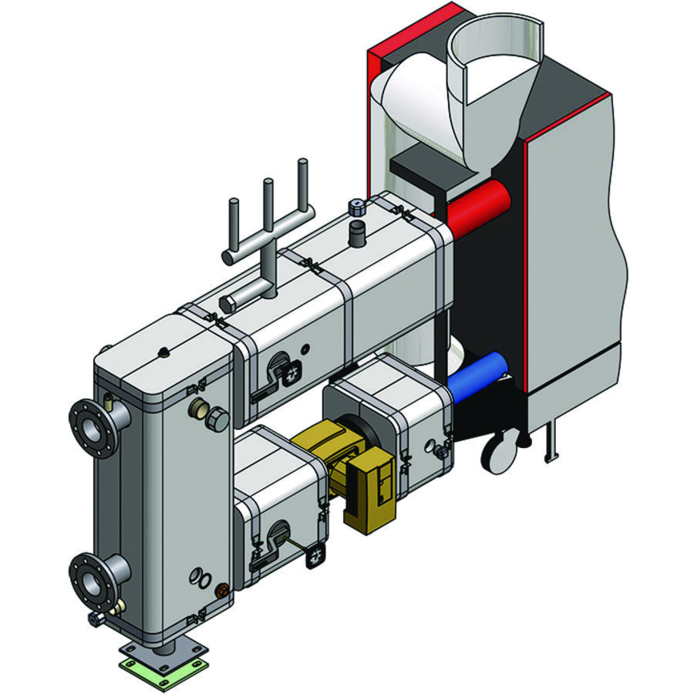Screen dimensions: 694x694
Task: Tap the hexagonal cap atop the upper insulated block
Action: point(356,207)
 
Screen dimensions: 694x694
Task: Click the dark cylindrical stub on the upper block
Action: point(356,234)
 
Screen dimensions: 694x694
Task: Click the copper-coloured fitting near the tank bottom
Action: point(223,591)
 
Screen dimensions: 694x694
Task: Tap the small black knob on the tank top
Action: point(163,352)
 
